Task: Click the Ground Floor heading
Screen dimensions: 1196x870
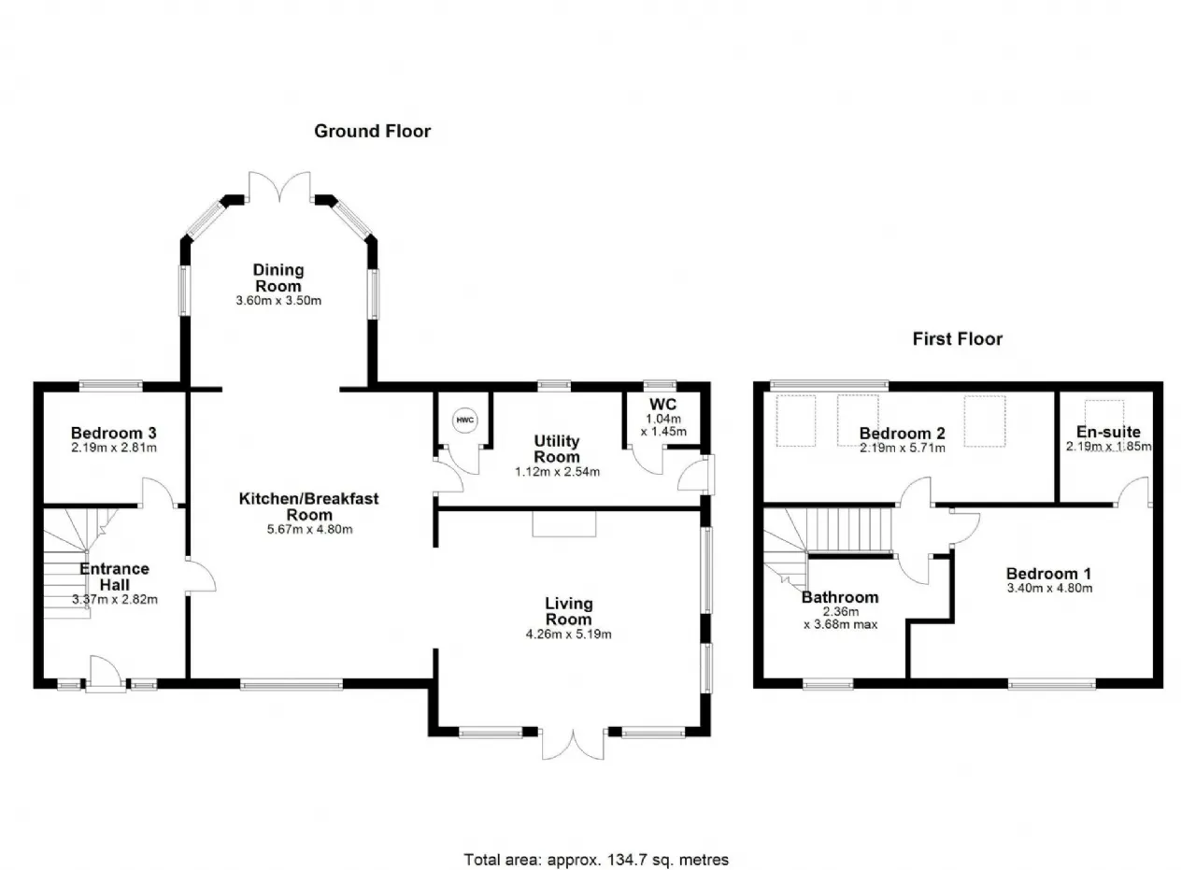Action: pyautogui.click(x=372, y=132)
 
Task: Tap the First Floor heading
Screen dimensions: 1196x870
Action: pyautogui.click(x=958, y=338)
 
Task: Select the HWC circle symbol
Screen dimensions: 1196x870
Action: pyautogui.click(x=465, y=420)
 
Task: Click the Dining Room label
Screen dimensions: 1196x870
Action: pyautogui.click(x=278, y=278)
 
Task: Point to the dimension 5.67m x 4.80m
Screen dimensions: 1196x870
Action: pyautogui.click(x=309, y=529)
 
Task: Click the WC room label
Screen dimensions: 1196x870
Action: pyautogui.click(x=662, y=405)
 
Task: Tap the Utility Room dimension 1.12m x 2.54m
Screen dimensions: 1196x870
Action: pyautogui.click(x=557, y=472)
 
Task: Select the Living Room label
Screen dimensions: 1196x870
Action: pyautogui.click(x=569, y=611)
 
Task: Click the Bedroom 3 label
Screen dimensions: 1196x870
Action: pyautogui.click(x=113, y=433)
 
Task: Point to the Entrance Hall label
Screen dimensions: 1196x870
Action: pyautogui.click(x=114, y=577)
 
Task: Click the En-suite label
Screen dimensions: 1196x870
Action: pyautogui.click(x=1108, y=432)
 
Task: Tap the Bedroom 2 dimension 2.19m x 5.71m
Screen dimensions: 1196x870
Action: pyautogui.click(x=902, y=449)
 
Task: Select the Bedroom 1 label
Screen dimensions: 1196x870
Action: pyautogui.click(x=1048, y=574)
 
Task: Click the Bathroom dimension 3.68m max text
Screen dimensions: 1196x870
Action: pyautogui.click(x=840, y=624)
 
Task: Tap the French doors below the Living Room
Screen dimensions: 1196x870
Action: pyautogui.click(x=573, y=744)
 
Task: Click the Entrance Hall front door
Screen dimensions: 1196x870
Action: pyautogui.click(x=106, y=674)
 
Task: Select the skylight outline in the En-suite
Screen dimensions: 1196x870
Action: pyautogui.click(x=1104, y=413)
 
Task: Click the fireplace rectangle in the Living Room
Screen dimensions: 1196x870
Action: pyautogui.click(x=563, y=524)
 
